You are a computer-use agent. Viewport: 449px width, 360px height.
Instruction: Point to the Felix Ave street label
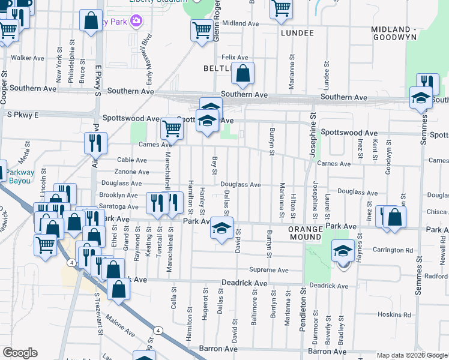[235, 58]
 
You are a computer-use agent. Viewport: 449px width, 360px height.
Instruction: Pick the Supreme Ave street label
[269, 270]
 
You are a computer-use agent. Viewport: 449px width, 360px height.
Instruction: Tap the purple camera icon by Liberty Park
[136, 22]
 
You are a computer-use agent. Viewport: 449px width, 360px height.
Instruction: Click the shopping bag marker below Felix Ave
[243, 74]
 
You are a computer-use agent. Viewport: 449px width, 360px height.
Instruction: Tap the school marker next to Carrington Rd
[343, 252]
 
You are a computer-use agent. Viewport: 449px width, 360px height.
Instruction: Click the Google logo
[20, 353]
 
